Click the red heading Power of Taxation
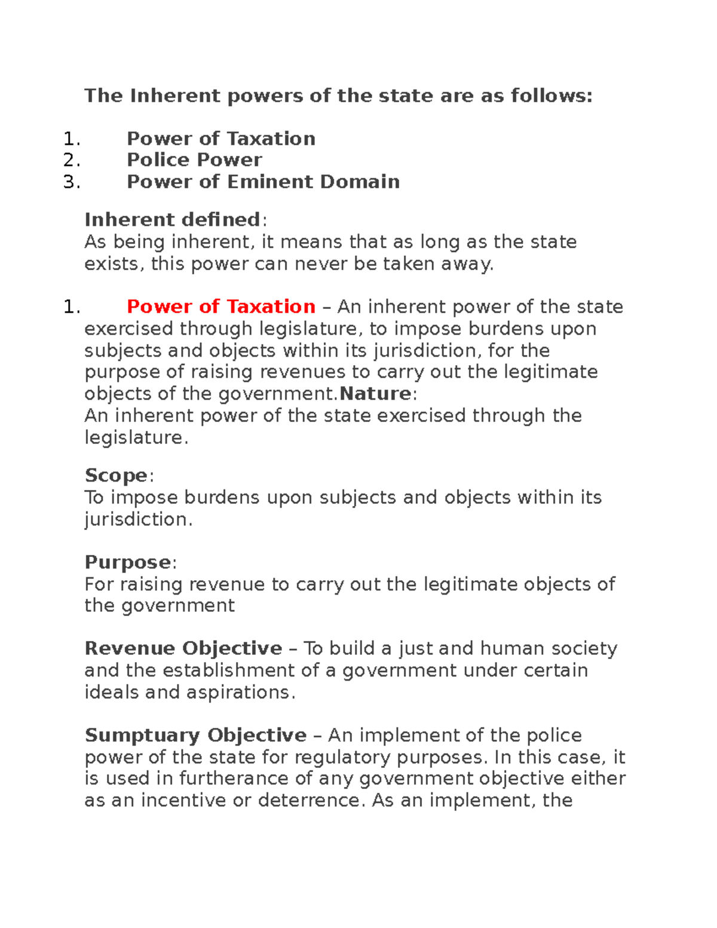click(x=220, y=307)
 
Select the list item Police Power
click(x=194, y=160)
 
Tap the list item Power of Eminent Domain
click(x=263, y=182)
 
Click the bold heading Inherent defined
click(x=172, y=220)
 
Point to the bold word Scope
click(x=116, y=476)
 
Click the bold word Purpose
click(x=127, y=562)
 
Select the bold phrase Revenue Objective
click(x=183, y=648)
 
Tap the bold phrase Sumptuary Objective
click(x=195, y=735)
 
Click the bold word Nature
click(x=375, y=394)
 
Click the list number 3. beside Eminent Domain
click(x=71, y=182)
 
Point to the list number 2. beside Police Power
click(x=71, y=160)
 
